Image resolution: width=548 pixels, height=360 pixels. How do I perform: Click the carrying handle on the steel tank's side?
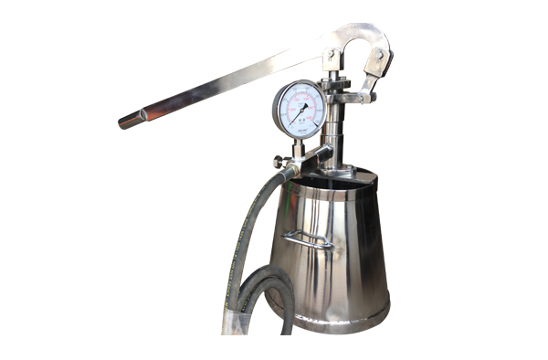pyautogui.click(x=307, y=239)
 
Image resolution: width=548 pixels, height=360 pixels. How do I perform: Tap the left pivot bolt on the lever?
pyautogui.click(x=331, y=56)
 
